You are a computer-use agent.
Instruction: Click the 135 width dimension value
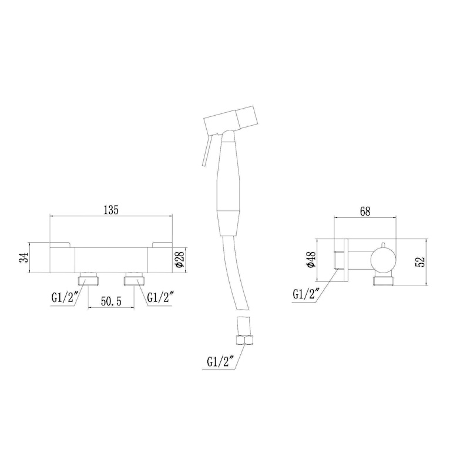coord(111,210)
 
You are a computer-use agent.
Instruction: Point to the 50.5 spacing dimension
coord(111,301)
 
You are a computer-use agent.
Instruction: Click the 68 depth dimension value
coord(365,211)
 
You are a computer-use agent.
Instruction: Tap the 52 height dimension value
coord(421,261)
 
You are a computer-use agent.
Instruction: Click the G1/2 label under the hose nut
coord(220,362)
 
